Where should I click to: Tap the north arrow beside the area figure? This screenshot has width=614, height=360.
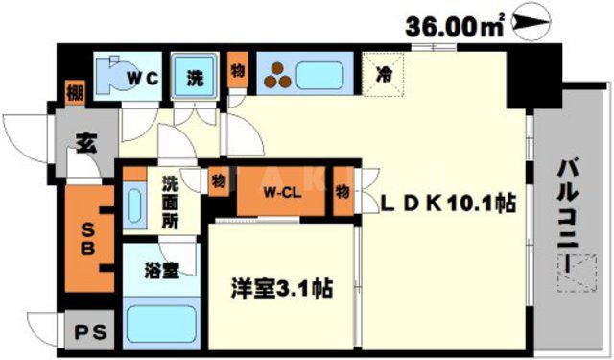point(531,21)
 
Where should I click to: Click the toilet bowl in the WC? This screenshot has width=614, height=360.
point(111,76)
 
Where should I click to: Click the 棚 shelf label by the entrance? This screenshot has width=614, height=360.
point(74,93)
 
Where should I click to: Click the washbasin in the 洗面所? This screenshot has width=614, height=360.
point(133,207)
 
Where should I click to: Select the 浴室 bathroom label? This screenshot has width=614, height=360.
point(160,271)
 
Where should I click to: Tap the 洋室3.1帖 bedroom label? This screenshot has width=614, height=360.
point(282,287)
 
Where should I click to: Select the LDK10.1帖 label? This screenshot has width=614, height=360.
point(448,204)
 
